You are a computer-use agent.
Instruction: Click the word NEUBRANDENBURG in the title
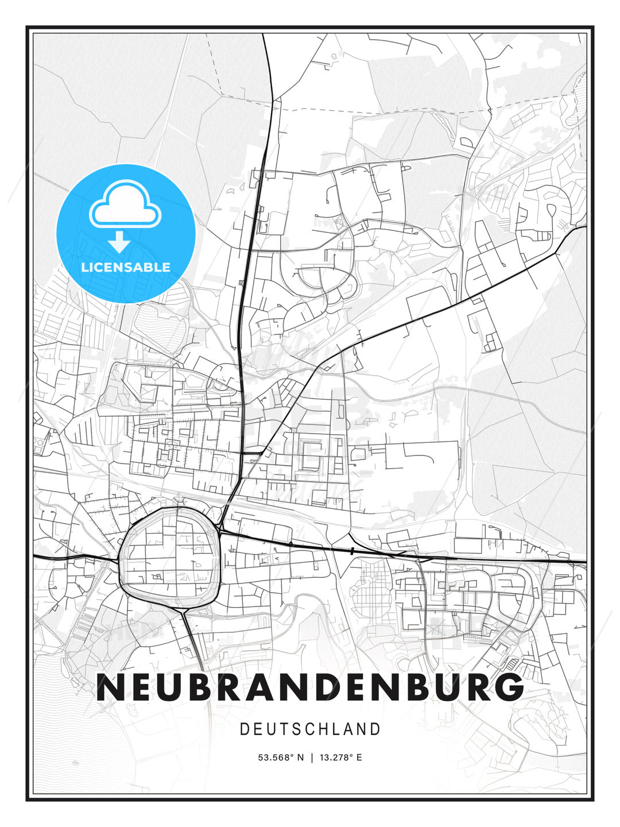pos(310,687)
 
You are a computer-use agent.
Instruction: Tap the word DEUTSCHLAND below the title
pos(310,729)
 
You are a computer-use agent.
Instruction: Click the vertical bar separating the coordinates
pos(312,758)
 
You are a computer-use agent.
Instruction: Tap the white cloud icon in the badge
pos(125,205)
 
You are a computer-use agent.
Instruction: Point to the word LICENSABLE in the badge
pos(126,267)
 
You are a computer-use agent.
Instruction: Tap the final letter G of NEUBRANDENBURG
pos(509,687)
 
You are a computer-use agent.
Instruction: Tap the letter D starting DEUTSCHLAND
pos(244,729)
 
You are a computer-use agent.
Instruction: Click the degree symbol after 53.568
pos(292,755)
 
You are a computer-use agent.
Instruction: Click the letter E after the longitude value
pos(359,758)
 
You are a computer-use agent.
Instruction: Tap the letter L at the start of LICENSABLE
pos(84,267)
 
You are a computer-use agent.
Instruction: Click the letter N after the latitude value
pos(300,758)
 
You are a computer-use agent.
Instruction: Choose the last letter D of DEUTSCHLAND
pos(375,729)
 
